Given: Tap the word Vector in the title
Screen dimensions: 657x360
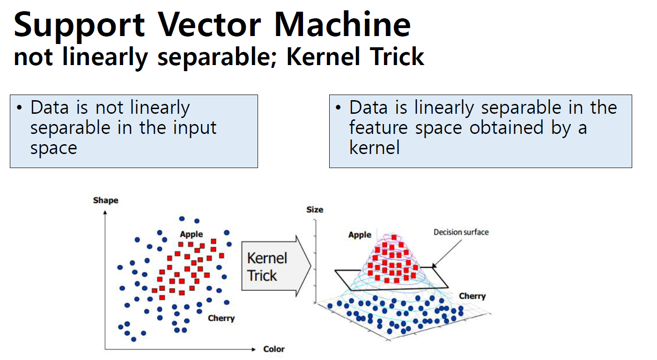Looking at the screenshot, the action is click(x=209, y=25).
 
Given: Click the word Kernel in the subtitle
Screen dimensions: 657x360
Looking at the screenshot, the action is click(x=323, y=56).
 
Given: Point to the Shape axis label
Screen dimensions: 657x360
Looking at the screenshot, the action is click(x=105, y=201).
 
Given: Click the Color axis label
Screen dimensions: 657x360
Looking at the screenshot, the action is click(x=274, y=349).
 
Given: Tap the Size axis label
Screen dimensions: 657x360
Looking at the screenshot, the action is click(x=315, y=210).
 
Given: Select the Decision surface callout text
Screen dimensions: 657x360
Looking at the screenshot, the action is click(x=461, y=232).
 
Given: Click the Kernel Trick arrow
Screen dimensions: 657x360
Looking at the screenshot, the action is click(x=276, y=266).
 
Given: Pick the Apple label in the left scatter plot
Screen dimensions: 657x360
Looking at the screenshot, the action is click(x=191, y=235).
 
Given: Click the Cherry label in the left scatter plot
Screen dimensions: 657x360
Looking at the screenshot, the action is click(x=221, y=318).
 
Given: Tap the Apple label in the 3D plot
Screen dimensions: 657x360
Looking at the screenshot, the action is click(x=360, y=235).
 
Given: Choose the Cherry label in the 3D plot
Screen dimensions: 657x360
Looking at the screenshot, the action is click(x=472, y=296).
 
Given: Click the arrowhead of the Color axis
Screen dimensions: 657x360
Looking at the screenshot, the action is click(x=254, y=349).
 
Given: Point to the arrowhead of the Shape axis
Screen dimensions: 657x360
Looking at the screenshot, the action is click(x=105, y=213).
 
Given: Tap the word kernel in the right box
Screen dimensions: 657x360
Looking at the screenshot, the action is click(x=375, y=147).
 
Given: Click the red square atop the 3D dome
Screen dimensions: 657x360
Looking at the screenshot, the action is click(x=394, y=237).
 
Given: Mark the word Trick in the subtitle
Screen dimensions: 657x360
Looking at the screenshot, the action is click(x=397, y=56).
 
